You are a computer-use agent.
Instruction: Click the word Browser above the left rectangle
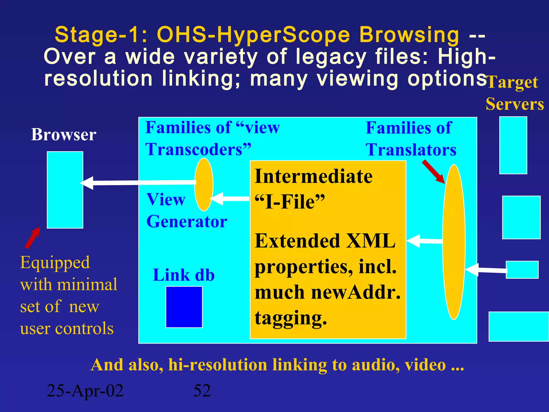(64, 135)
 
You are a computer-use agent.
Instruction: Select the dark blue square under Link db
(184, 307)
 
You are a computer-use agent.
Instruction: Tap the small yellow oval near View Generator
(204, 184)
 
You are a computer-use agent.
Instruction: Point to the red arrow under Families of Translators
(433, 172)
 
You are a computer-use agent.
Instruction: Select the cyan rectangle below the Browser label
(65, 190)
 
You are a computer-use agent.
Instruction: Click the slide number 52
(202, 391)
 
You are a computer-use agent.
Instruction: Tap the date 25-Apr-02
(85, 391)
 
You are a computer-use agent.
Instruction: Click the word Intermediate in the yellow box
(313, 176)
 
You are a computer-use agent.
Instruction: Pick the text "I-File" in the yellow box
(290, 202)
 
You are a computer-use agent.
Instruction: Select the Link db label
(184, 275)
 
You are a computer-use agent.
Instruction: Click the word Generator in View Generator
(187, 222)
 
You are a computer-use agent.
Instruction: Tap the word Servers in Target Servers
(515, 104)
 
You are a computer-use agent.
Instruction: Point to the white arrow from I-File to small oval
(231, 199)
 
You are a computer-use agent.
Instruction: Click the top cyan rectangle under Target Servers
(513, 145)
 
